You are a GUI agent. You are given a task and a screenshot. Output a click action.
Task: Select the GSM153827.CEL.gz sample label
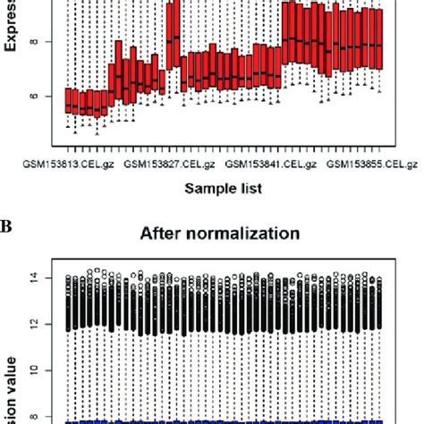[x=169, y=165]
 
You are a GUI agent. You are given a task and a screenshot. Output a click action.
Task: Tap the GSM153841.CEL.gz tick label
[x=269, y=165]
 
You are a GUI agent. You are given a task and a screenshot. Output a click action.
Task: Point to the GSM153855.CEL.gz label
[x=371, y=165]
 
